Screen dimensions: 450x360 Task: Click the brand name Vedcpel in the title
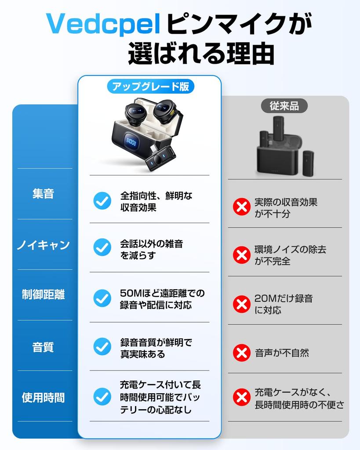pos(104,24)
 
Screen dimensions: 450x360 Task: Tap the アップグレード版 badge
pos(150,87)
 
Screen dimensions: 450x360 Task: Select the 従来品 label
pos(284,106)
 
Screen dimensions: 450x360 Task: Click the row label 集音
pos(43,194)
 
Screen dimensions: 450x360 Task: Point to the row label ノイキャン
pos(43,245)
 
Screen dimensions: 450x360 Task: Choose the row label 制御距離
pos(43,295)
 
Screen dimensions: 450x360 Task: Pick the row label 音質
pos(43,347)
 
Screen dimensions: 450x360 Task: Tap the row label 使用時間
pos(43,397)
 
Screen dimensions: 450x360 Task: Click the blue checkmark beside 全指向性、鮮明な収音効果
pos(102,201)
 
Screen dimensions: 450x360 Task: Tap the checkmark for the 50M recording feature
pos(102,298)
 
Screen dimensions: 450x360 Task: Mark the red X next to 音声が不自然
pos(241,352)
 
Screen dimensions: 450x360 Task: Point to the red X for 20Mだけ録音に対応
pos(241,304)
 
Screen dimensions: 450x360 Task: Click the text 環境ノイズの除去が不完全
pos(290,255)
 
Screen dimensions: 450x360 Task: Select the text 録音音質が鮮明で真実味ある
pos(156,348)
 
